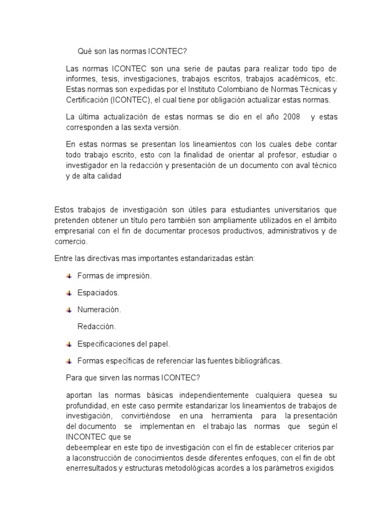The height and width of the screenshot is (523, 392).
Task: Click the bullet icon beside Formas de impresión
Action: point(69,276)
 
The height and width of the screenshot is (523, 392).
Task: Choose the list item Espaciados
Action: point(98,293)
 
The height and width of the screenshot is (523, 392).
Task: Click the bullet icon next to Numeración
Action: point(69,310)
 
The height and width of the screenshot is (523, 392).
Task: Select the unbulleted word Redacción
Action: point(96,326)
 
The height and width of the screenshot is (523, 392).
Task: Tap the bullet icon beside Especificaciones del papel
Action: point(69,344)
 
